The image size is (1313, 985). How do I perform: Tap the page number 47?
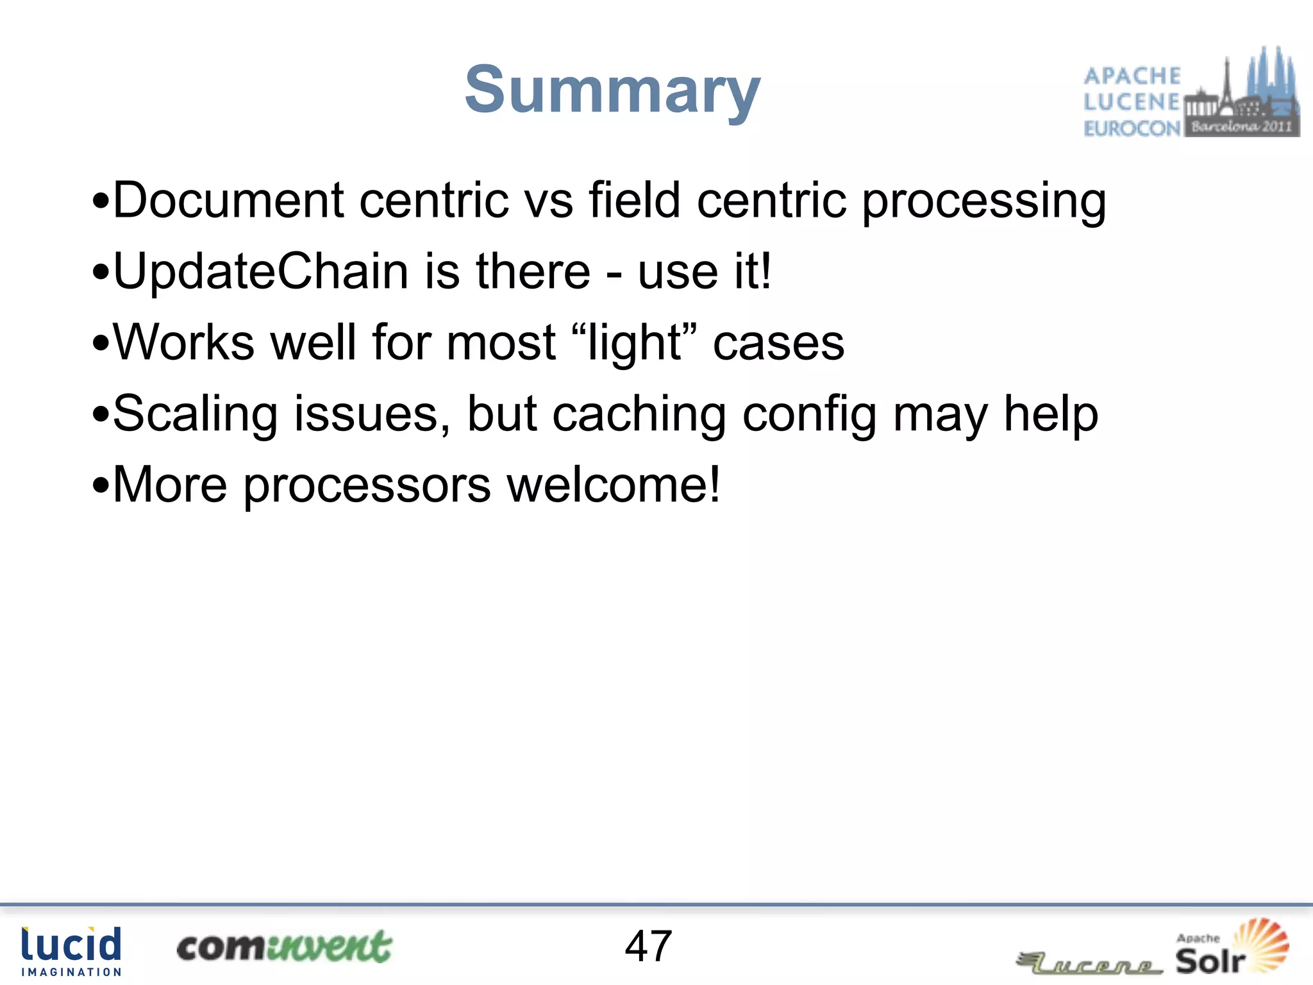pos(648,946)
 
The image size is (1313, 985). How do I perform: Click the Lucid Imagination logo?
pos(71,951)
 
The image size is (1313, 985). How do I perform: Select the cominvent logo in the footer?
pos(283,947)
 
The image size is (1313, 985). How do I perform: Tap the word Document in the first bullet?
pos(228,200)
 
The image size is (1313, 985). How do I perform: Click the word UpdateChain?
pos(260,271)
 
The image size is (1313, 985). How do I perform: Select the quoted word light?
pos(633,342)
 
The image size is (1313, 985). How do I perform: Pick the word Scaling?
pos(195,414)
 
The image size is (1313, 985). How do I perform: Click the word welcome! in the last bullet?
pos(614,485)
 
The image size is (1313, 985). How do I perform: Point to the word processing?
pos(983,201)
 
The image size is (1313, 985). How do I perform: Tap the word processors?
pos(367,486)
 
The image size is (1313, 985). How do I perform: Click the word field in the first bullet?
pos(634,200)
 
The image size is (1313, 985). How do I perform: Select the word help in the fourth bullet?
pos(1051,414)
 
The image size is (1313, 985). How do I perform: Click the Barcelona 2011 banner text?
pos(1241,126)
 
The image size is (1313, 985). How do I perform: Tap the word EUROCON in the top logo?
pos(1132,128)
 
